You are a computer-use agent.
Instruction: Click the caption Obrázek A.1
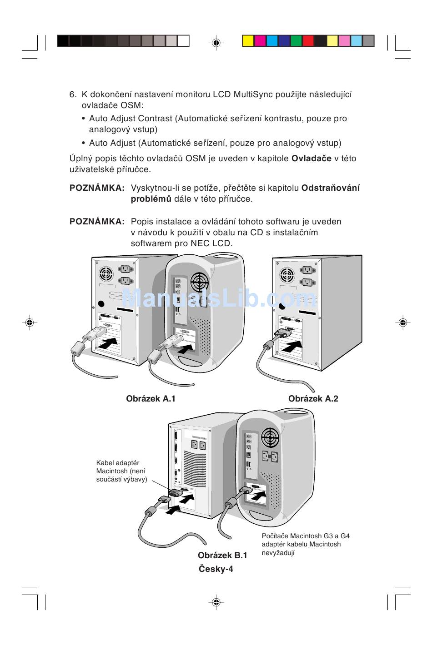point(151,399)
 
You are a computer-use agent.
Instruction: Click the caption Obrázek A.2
point(313,399)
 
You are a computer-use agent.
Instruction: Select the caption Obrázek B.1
point(222,555)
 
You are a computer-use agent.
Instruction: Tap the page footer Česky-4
point(216,569)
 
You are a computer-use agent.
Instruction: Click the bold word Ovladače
point(311,159)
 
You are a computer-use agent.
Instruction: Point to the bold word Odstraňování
point(331,188)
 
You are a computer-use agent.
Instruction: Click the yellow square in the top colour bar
point(247,41)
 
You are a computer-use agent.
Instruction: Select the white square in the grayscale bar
point(183,41)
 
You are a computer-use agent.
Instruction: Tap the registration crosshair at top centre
point(216,43)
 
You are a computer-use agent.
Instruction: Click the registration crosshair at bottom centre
point(216,602)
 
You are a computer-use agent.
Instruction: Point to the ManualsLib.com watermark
point(220,299)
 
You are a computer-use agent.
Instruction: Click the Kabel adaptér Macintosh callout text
point(121,471)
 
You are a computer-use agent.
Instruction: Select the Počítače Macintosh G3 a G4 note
point(306,544)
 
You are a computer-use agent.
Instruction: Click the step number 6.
point(73,95)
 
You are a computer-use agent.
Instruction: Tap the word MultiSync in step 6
point(252,95)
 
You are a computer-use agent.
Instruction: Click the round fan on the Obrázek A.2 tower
point(287,275)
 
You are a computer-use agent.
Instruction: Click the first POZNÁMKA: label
point(97,188)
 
